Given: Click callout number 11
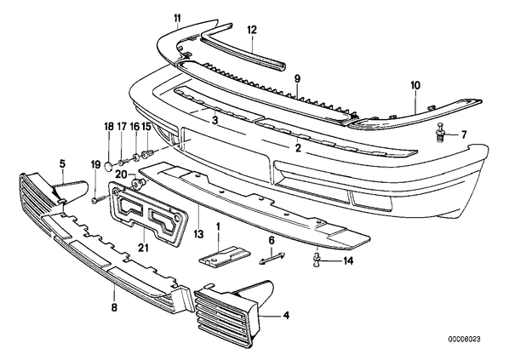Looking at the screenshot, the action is pyautogui.click(x=177, y=18).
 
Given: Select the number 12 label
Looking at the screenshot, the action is pyautogui.click(x=252, y=30).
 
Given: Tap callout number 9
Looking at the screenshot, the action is pyautogui.click(x=298, y=78).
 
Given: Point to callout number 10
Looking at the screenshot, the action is pyautogui.click(x=416, y=85).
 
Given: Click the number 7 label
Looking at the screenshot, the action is pyautogui.click(x=463, y=134).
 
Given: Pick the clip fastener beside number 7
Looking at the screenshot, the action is pyautogui.click(x=441, y=132).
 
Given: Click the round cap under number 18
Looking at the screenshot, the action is pyautogui.click(x=109, y=166).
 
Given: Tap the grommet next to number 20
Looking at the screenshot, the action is pyautogui.click(x=138, y=184).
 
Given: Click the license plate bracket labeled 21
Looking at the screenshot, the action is pyautogui.click(x=149, y=214).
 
